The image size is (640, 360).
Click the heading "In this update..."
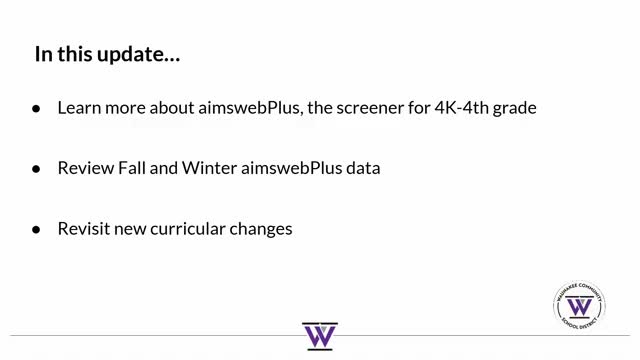(x=108, y=54)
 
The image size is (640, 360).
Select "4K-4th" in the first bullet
(x=462, y=107)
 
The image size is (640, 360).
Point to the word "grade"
(x=515, y=107)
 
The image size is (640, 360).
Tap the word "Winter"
(x=209, y=168)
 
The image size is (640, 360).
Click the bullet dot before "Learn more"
(x=37, y=108)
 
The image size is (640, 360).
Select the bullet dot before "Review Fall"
(x=37, y=169)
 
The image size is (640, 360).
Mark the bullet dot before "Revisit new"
(x=37, y=229)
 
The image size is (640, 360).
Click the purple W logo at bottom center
(x=320, y=336)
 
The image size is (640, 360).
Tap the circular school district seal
(x=578, y=307)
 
